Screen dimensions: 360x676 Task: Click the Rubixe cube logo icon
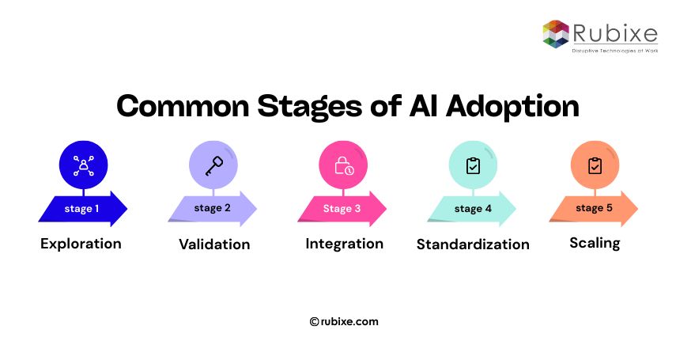pyautogui.click(x=556, y=33)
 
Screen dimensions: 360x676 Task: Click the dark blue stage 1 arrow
pyautogui.click(x=82, y=209)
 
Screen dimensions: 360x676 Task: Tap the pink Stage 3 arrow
pyautogui.click(x=342, y=209)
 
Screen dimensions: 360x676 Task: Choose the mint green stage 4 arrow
pyautogui.click(x=472, y=209)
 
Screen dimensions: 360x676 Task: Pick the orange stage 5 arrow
pyautogui.click(x=594, y=209)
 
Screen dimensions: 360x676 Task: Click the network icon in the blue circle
pyautogui.click(x=82, y=165)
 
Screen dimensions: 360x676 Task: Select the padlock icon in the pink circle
pyautogui.click(x=343, y=165)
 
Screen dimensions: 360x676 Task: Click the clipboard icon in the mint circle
pyautogui.click(x=473, y=165)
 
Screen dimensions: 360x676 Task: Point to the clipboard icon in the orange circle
pyautogui.click(x=595, y=165)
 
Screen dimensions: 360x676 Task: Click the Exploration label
pyautogui.click(x=81, y=244)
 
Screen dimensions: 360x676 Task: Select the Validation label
pyautogui.click(x=214, y=244)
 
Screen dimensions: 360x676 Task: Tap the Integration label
pyautogui.click(x=344, y=244)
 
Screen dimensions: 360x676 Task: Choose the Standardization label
pyautogui.click(x=473, y=244)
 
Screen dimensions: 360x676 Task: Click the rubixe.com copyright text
pyautogui.click(x=344, y=321)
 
